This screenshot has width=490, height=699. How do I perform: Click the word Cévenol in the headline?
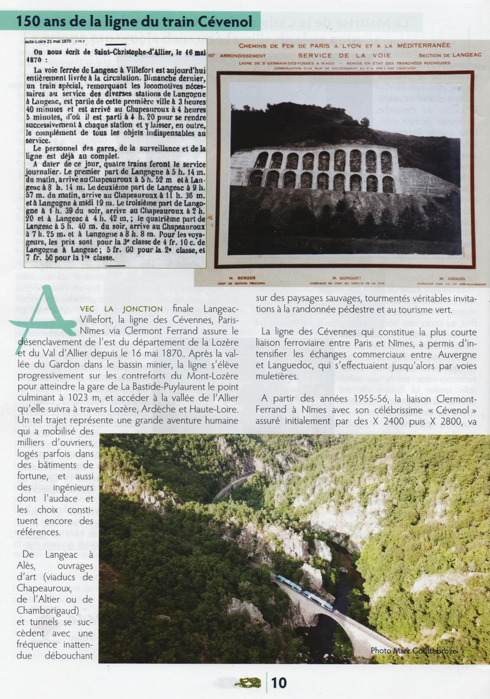225,21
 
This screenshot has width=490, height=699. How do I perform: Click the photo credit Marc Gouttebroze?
413,650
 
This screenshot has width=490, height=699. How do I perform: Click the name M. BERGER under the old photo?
247,278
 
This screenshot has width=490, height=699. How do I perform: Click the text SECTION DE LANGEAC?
450,55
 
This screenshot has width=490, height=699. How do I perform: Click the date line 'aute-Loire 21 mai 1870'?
48,41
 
